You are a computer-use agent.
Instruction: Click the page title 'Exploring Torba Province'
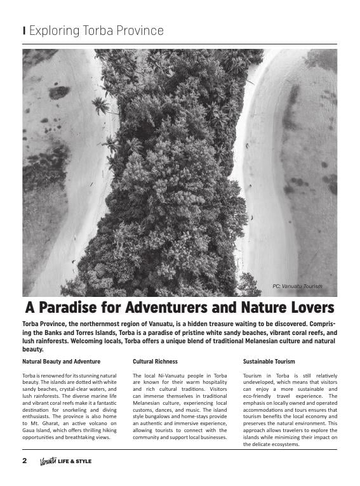click(x=96, y=30)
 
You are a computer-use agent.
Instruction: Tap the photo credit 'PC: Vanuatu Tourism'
click(x=297, y=286)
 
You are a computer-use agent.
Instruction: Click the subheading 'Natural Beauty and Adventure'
click(x=62, y=361)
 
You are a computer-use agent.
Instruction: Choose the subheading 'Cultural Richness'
click(x=155, y=361)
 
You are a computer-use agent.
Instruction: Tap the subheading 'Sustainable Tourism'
click(x=269, y=361)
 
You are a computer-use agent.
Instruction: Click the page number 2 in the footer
click(x=25, y=461)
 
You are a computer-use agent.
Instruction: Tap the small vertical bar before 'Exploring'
click(x=23, y=30)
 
